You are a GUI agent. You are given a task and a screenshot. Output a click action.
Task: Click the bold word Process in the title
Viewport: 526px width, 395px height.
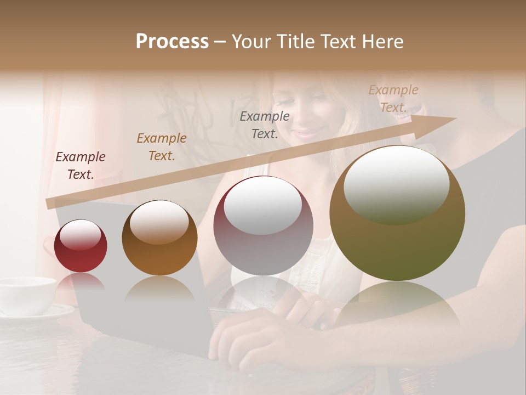172,42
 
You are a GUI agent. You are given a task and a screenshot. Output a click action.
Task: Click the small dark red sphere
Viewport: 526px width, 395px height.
81,246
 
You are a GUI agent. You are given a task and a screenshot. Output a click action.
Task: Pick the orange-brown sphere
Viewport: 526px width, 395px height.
159,238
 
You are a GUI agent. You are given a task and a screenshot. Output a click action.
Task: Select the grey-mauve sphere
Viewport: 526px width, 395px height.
263,226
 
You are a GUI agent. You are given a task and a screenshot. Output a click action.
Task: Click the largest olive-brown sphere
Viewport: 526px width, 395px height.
397,213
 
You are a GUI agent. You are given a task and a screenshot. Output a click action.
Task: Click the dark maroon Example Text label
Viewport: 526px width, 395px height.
81,166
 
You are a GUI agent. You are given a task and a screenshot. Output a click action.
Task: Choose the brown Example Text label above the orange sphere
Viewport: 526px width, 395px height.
162,147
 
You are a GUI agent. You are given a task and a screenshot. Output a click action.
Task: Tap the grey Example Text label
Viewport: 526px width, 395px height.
265,125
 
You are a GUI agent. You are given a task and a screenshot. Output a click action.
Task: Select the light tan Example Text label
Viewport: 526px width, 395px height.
393,99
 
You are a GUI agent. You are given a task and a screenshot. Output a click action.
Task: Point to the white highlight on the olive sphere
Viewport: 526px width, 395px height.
396,184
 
